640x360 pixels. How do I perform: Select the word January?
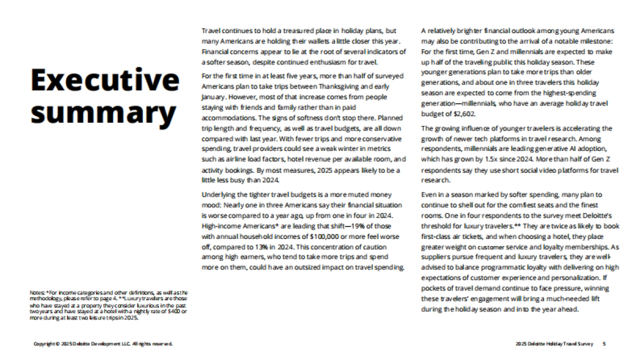click(212, 98)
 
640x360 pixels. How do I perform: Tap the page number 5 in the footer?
click(604, 344)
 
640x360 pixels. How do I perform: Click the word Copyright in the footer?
click(44, 344)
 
